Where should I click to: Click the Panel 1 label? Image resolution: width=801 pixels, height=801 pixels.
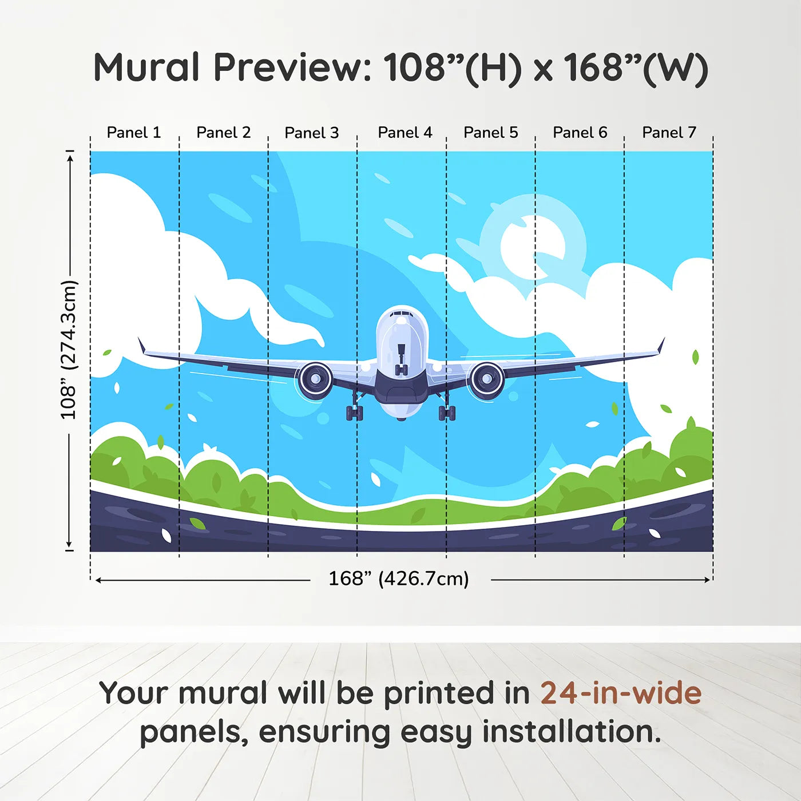click(134, 133)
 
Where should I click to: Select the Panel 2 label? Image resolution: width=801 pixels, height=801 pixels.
click(223, 133)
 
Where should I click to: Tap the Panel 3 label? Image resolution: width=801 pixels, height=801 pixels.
click(312, 133)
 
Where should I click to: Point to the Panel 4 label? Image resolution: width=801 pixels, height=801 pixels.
click(405, 133)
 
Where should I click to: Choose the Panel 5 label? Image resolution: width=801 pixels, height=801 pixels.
click(490, 133)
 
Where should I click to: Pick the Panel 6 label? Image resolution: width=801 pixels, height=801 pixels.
click(580, 133)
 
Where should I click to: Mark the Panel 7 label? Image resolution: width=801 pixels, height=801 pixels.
click(669, 133)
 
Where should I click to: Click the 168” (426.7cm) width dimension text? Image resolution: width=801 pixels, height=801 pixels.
click(399, 579)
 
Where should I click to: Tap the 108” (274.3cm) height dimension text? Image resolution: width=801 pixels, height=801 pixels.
click(69, 350)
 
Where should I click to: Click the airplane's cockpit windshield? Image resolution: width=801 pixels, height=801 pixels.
click(402, 315)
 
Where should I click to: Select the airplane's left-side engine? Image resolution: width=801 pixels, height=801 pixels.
click(314, 379)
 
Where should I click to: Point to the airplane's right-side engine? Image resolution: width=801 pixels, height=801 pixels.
click(487, 379)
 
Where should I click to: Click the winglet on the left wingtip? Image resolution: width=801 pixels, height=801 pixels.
click(141, 346)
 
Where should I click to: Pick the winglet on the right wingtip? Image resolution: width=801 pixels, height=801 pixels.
click(661, 346)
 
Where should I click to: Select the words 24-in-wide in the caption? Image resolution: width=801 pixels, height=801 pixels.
click(621, 693)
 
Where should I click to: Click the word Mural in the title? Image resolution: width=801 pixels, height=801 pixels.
click(146, 68)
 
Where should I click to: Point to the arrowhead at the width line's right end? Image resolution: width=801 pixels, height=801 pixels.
click(707, 580)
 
